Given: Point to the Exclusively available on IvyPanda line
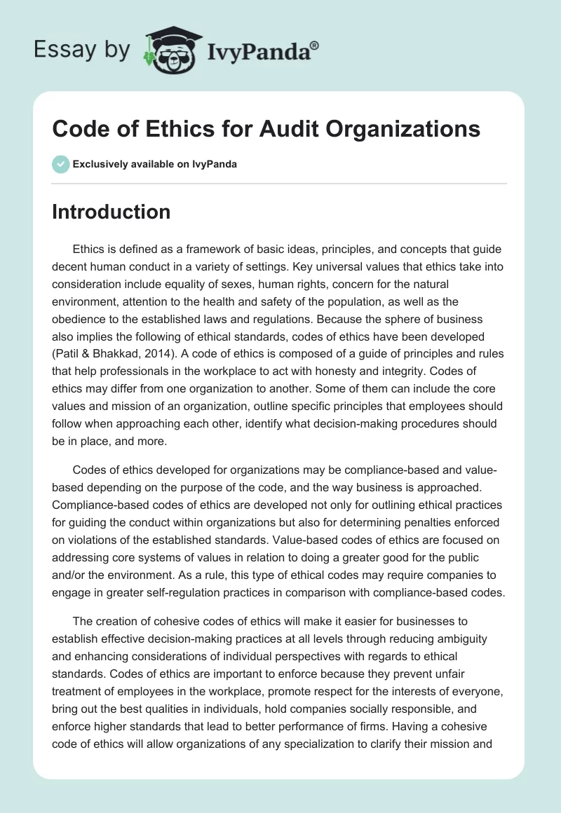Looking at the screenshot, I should pyautogui.click(x=154, y=164).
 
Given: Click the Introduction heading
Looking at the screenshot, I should pyautogui.click(x=111, y=212).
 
